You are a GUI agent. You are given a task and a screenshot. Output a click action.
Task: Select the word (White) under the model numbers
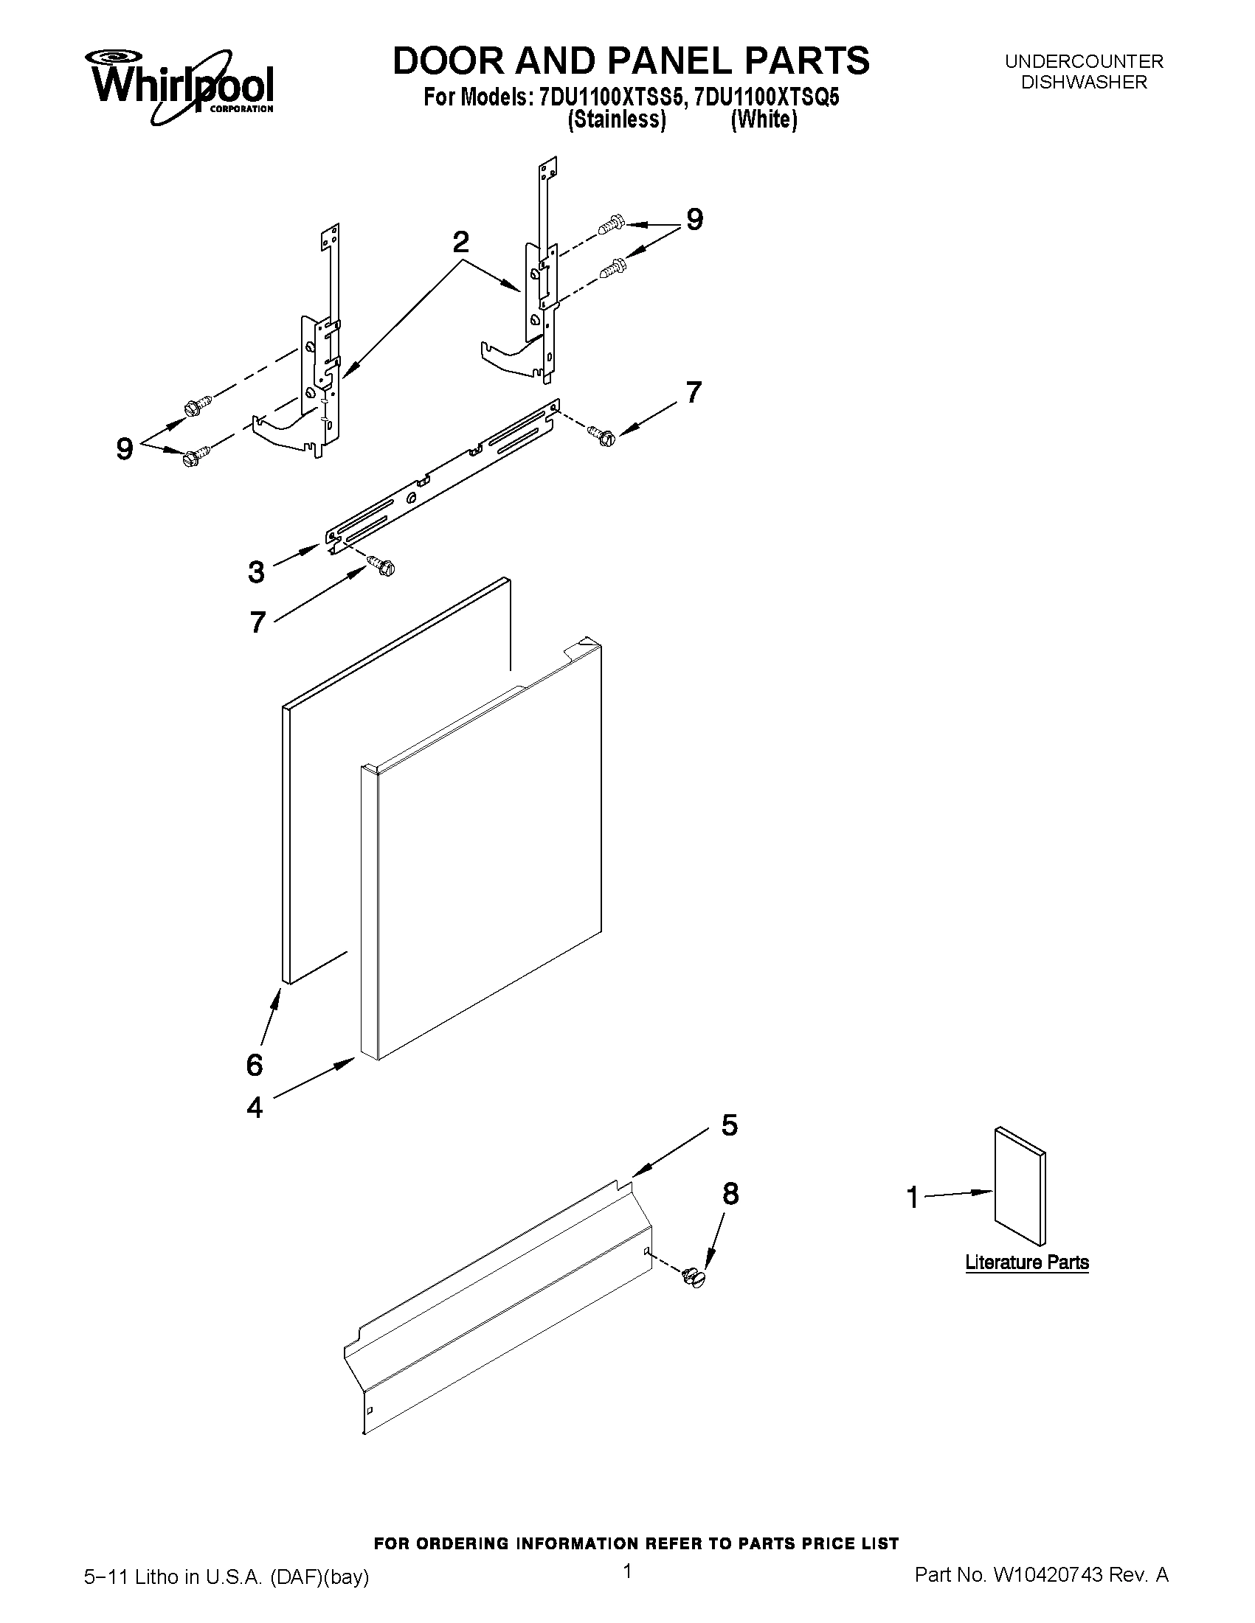(764, 119)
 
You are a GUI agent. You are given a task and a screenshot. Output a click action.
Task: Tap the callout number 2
(461, 243)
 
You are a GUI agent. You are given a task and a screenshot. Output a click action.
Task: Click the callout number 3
(256, 572)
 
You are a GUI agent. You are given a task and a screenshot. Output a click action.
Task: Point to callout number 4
(255, 1108)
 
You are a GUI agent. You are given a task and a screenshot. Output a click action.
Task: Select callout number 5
(730, 1125)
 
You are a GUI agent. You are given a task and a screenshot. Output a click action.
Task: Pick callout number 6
(255, 1065)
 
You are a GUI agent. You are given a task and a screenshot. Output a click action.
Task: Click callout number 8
(731, 1194)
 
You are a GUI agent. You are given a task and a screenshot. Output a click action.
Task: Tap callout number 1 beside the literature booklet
(913, 1198)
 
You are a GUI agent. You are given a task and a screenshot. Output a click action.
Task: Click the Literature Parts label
(1027, 1262)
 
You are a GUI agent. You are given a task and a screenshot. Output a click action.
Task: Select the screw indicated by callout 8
(694, 1277)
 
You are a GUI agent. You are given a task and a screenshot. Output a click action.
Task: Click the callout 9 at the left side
(125, 449)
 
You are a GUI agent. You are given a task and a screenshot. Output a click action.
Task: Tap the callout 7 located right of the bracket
(693, 392)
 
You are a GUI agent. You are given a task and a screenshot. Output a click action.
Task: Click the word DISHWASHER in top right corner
(1083, 83)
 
